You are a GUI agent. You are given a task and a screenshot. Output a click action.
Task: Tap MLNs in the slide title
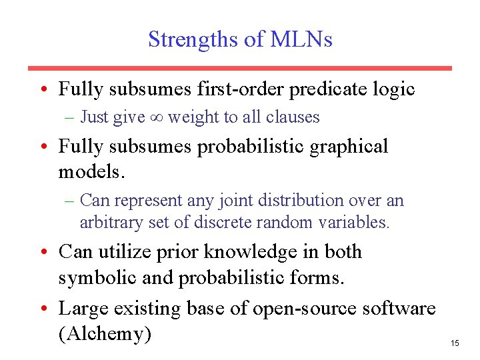[x=301, y=39]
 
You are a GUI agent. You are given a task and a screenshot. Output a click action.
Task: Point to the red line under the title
[x=239, y=68]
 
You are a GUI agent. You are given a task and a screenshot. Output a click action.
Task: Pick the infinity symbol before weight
[x=157, y=117]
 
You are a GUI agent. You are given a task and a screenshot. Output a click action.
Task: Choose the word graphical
[x=346, y=147]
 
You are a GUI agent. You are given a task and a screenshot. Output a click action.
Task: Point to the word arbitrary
[x=111, y=222]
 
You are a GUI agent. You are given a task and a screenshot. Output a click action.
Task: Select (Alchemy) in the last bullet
[x=105, y=333]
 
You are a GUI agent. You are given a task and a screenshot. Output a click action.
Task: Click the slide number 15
[x=455, y=343]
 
